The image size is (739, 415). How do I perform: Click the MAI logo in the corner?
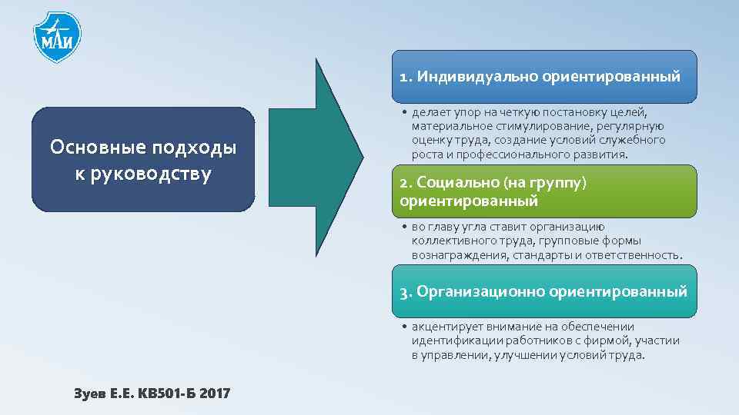click(x=58, y=36)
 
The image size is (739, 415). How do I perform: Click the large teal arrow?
click(x=339, y=158)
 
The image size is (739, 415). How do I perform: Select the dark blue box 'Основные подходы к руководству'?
click(x=143, y=159)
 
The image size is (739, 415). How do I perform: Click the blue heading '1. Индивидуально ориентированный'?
click(x=544, y=77)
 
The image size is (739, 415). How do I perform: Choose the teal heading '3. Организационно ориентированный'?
click(x=544, y=291)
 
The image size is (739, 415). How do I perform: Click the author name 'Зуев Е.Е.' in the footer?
click(x=102, y=394)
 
